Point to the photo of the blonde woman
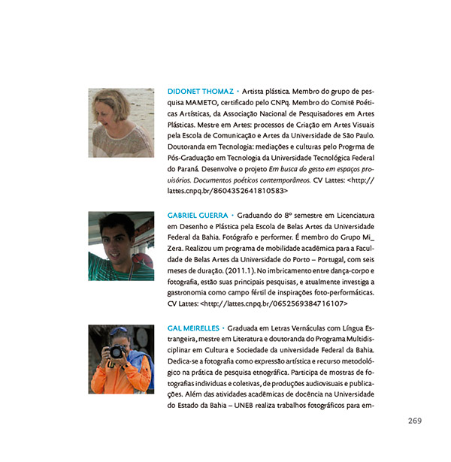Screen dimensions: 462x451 pyautogui.click(x=110, y=122)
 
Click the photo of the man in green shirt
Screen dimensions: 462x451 pyautogui.click(x=110, y=246)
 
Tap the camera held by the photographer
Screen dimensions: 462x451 pyautogui.click(x=116, y=352)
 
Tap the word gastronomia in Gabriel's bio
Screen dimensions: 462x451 pyautogui.click(x=191, y=292)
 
